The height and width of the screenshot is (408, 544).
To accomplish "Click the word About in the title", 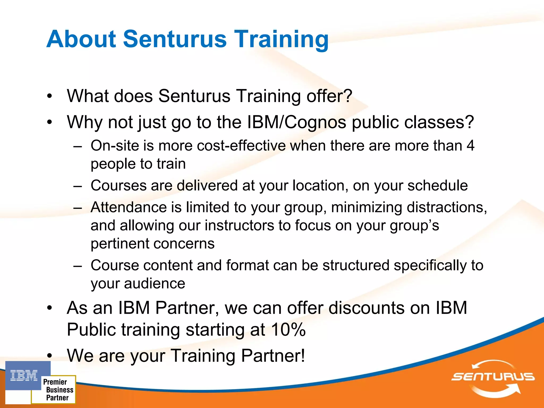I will tap(81, 39).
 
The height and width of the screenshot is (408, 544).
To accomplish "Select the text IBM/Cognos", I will tap(297, 122).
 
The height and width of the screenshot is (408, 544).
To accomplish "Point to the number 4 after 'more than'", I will tap(470, 146).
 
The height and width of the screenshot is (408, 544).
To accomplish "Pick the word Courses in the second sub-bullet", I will tap(118, 185).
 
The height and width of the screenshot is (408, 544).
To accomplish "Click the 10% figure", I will tap(288, 330).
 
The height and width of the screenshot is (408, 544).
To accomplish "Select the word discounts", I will tap(367, 308).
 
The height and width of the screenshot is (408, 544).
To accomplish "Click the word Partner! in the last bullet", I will tap(273, 356).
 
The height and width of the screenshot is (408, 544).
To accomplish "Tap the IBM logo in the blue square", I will tap(24, 375).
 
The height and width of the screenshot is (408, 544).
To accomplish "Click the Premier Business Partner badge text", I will tap(58, 390).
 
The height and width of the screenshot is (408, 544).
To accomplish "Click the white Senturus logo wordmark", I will tap(493, 377).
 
